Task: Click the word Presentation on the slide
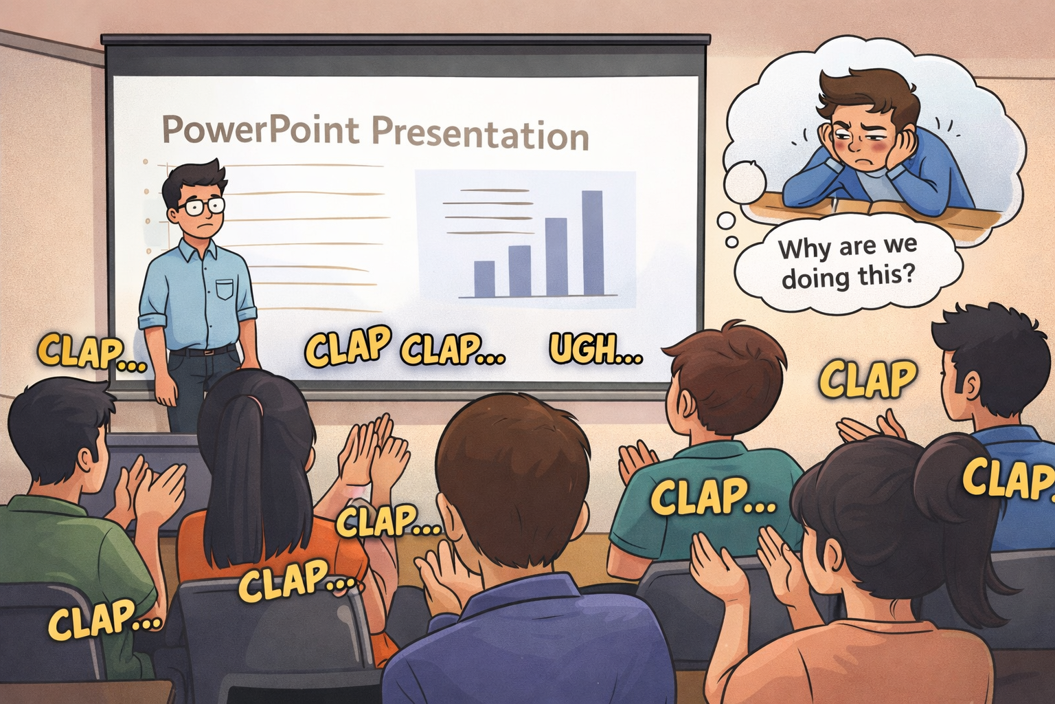(x=480, y=133)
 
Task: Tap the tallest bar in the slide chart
(x=593, y=243)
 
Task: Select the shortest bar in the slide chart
(x=484, y=278)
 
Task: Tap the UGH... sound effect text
(x=595, y=350)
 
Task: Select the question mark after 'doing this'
(x=909, y=273)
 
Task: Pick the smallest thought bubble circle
(x=731, y=242)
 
